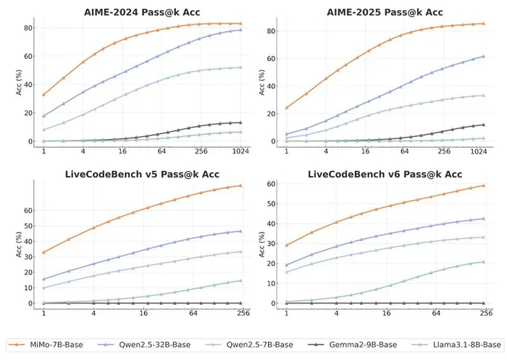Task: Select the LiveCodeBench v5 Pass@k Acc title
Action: [x=142, y=175]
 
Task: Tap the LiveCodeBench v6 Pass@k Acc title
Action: [x=385, y=175]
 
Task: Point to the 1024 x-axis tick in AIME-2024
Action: [x=240, y=151]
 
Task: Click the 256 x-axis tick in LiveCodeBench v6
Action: [x=484, y=313]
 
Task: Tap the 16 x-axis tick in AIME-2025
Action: [x=365, y=151]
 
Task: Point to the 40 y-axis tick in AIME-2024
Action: [x=28, y=85]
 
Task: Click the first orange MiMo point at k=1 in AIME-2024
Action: [x=43, y=95]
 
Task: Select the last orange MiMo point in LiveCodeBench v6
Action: [x=484, y=185]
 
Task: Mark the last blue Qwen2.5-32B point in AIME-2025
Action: [x=484, y=56]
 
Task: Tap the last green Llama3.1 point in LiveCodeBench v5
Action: [x=240, y=280]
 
